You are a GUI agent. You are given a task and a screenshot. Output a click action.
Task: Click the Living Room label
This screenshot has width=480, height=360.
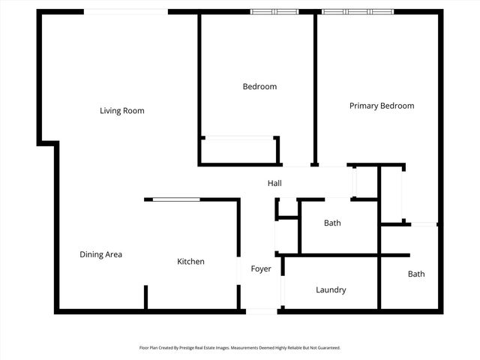[122, 111]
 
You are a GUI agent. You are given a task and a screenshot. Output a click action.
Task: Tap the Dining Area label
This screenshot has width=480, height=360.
[100, 254]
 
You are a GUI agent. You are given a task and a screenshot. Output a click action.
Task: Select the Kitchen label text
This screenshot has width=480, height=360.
[190, 262]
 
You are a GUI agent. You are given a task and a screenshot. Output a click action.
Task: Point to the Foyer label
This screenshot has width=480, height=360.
[260, 268]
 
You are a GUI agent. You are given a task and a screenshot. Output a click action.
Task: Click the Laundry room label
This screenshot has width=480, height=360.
[331, 289]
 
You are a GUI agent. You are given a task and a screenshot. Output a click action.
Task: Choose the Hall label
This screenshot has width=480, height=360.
[274, 184]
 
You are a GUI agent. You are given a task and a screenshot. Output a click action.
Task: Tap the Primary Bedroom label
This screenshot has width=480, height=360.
[381, 106]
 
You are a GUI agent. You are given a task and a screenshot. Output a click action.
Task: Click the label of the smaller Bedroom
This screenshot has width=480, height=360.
[259, 86]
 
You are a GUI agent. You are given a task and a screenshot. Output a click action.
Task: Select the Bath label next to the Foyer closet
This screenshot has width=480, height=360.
[332, 223]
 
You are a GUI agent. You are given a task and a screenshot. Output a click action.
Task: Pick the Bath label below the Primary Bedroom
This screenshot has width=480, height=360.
[416, 274]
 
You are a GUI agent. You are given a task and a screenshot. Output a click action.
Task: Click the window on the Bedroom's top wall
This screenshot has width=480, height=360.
[274, 12]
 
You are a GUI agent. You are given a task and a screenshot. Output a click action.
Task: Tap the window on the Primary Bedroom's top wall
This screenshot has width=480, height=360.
[358, 12]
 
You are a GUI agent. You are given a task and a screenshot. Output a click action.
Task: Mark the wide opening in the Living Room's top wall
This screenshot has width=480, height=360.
[125, 12]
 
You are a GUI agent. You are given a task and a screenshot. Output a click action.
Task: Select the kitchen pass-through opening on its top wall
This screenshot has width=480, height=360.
[177, 199]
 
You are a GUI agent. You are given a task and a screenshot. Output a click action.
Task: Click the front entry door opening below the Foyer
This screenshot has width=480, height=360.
[262, 310]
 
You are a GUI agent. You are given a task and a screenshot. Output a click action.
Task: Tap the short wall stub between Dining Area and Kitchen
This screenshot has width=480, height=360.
[145, 297]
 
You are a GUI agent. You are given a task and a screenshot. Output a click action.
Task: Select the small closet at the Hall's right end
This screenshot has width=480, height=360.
[365, 181]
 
